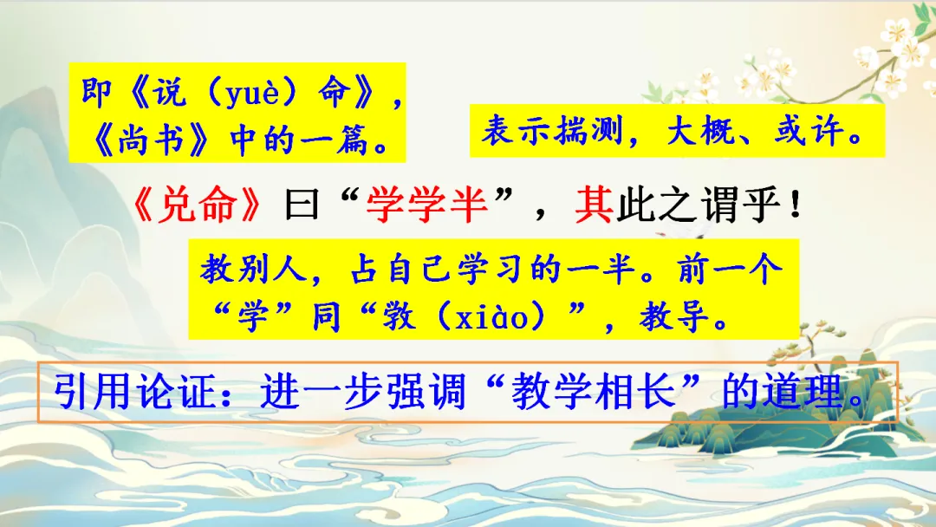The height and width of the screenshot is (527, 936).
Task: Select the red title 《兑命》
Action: click(x=198, y=205)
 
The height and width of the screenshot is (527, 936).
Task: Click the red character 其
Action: click(x=594, y=205)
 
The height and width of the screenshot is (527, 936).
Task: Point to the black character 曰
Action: click(x=302, y=205)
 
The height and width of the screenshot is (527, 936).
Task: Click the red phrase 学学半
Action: click(x=426, y=205)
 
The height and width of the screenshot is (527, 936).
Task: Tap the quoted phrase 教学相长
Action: click(x=593, y=392)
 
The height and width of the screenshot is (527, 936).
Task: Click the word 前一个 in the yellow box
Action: click(x=730, y=270)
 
